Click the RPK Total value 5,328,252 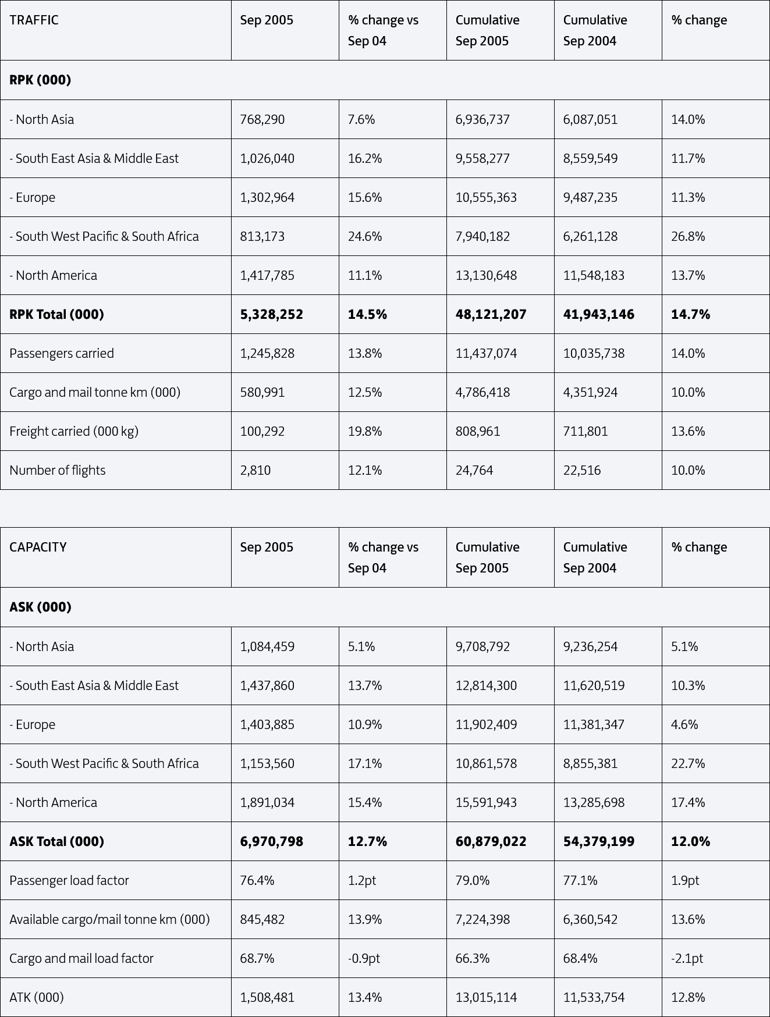271,315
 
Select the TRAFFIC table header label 34,20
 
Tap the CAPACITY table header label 38,547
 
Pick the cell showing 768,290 262,120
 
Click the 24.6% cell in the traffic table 365,237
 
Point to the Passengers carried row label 62,354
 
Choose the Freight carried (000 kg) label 74,432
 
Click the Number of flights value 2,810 256,471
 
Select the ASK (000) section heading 40,607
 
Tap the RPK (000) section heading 40,80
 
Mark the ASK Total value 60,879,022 491,842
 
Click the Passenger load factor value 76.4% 257,881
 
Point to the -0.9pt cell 364,959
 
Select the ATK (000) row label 37,998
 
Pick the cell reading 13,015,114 486,998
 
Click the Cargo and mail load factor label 81,959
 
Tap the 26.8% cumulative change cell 688,237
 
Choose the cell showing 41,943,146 599,315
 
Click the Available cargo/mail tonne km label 109,920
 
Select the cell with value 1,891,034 267,803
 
